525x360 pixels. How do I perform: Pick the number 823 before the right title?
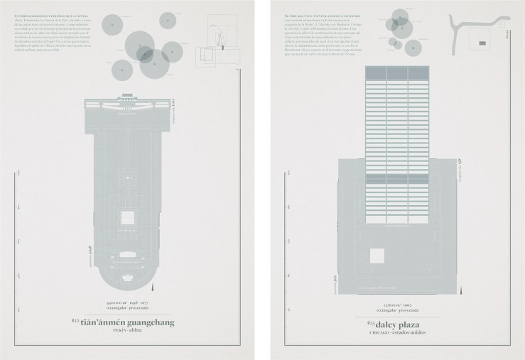[369, 322]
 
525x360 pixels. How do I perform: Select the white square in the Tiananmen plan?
[129, 217]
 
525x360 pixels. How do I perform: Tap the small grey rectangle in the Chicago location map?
[483, 43]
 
